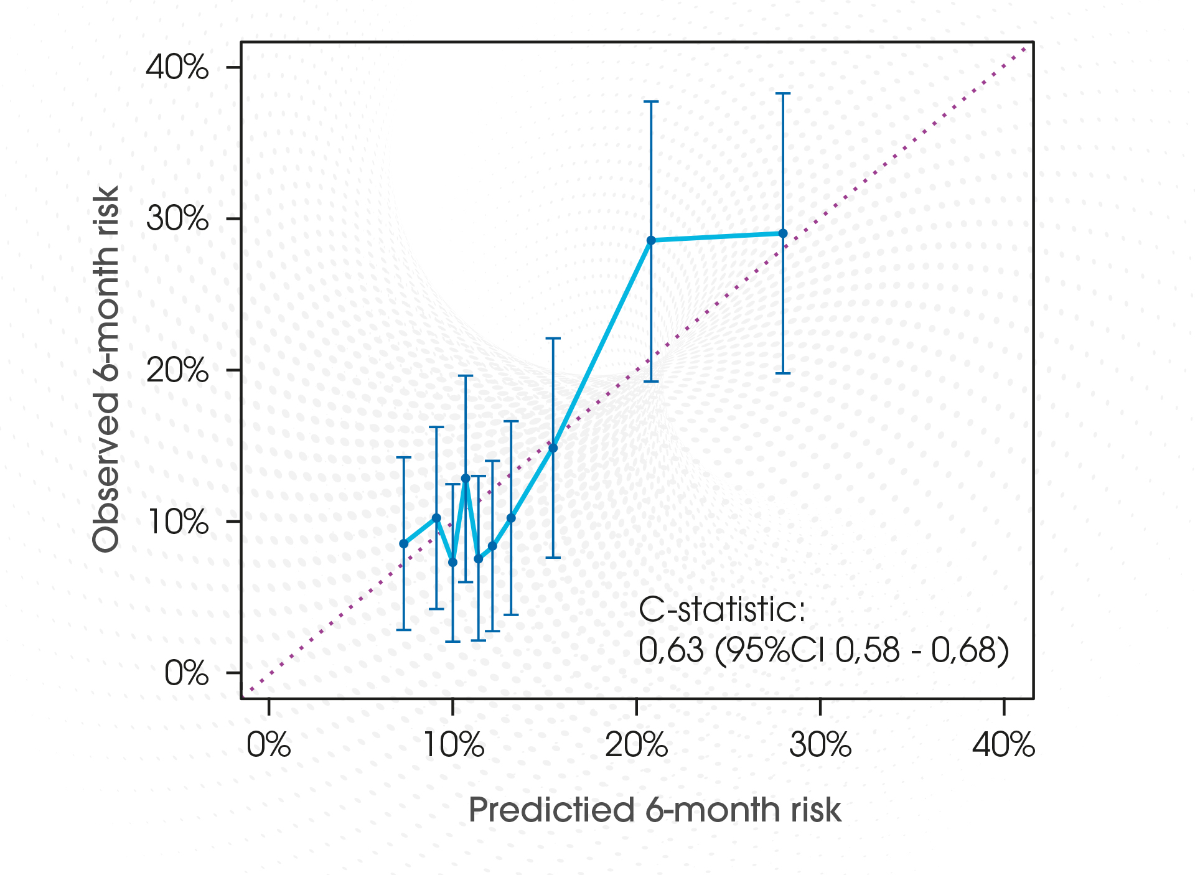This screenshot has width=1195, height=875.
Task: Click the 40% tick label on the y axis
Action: click(x=177, y=67)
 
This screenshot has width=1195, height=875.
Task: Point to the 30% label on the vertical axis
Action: click(x=177, y=218)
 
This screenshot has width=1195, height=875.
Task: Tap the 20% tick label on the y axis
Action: click(x=177, y=370)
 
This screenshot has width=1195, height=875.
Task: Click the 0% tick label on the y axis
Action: click(x=186, y=673)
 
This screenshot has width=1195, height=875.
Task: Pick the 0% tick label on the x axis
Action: click(x=268, y=745)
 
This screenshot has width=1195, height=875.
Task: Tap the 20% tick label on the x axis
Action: click(x=636, y=745)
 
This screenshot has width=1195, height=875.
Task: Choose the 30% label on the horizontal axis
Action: click(x=820, y=745)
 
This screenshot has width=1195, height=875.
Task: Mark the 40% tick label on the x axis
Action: click(x=1003, y=745)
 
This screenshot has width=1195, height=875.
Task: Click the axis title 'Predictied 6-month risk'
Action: click(x=655, y=810)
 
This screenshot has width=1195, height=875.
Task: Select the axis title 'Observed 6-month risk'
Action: click(x=106, y=369)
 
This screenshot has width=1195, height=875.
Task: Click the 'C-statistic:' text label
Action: click(x=722, y=610)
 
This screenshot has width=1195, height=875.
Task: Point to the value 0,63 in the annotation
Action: click(x=671, y=650)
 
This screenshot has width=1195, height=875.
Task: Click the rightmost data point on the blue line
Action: click(x=783, y=233)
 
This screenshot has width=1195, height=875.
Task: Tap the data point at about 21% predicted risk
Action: click(x=651, y=240)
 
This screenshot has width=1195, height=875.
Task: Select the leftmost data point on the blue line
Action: click(x=404, y=543)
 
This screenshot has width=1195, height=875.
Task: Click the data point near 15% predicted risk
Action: click(x=553, y=447)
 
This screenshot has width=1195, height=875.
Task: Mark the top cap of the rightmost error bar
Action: click(x=783, y=93)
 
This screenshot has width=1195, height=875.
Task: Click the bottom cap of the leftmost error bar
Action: click(x=404, y=630)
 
